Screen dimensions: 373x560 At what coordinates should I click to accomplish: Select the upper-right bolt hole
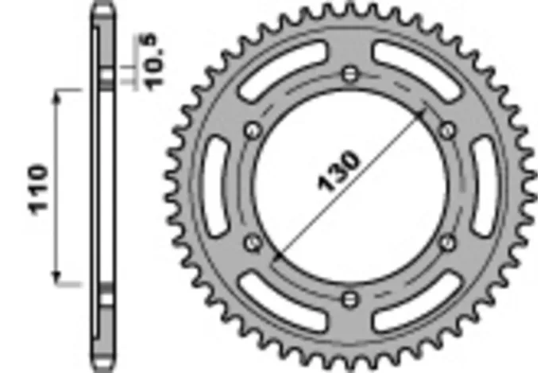[446, 130]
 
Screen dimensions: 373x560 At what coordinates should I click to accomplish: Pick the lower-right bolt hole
[446, 243]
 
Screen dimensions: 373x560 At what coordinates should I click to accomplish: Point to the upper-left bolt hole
[253, 130]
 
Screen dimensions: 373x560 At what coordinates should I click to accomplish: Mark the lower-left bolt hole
[253, 243]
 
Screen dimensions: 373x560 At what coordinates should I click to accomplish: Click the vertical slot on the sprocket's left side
[212, 186]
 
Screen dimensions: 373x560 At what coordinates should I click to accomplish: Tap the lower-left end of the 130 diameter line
[276, 259]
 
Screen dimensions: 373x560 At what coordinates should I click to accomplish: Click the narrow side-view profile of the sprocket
[99, 186]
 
